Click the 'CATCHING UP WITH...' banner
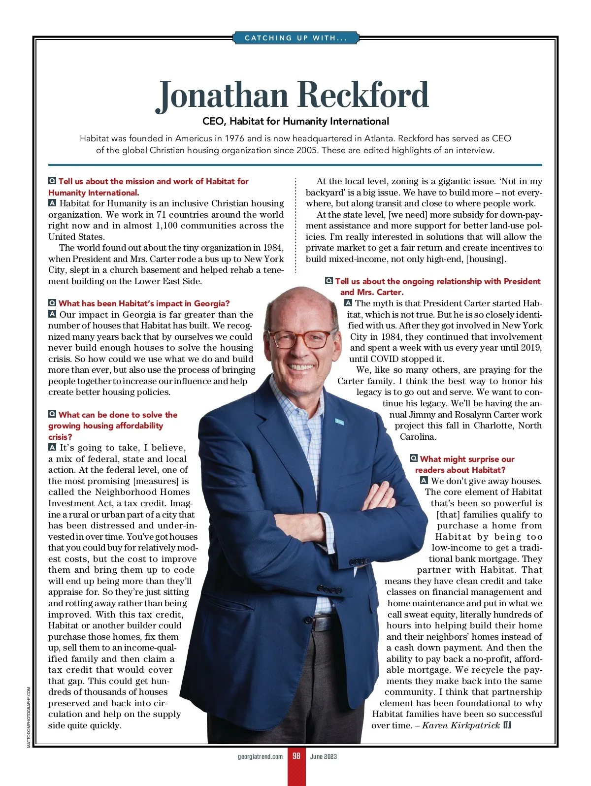click(295, 38)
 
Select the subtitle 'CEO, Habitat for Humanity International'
click(295, 121)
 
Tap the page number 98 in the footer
click(296, 756)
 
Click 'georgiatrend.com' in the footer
click(260, 756)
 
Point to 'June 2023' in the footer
click(324, 756)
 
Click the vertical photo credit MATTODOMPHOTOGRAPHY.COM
click(29, 717)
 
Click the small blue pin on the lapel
click(339, 422)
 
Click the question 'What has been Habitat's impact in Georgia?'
click(144, 303)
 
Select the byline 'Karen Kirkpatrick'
click(461, 725)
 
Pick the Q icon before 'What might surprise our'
click(414, 458)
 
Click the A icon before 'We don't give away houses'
click(424, 481)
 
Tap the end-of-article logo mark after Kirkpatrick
click(508, 725)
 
